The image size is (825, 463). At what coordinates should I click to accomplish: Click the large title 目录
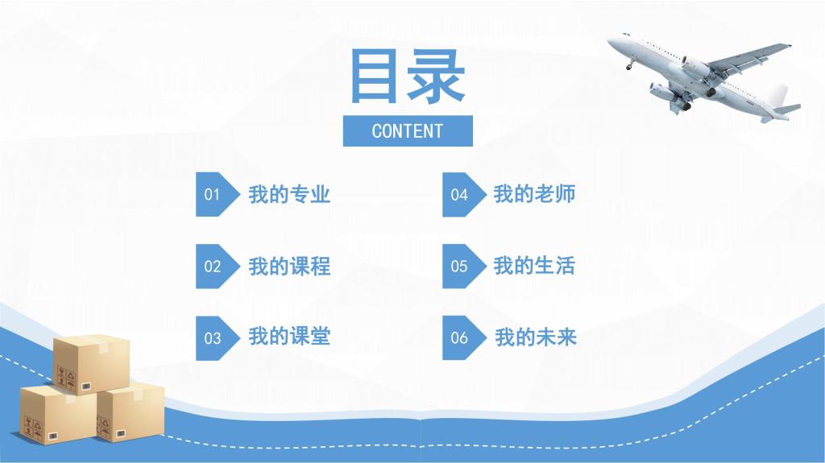point(408,76)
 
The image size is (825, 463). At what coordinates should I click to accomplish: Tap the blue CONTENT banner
point(408,131)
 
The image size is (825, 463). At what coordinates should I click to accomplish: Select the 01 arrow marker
point(218,194)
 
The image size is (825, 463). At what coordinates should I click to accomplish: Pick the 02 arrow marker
point(218,266)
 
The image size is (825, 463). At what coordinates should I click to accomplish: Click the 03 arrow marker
point(218,337)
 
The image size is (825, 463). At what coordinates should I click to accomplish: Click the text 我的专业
point(289,194)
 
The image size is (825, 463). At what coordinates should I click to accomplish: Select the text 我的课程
point(289,267)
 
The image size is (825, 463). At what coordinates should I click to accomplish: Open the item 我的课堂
point(289,337)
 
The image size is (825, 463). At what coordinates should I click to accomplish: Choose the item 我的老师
point(535,193)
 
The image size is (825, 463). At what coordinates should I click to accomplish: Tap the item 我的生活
point(535,266)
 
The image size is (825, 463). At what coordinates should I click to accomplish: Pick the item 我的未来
point(536,337)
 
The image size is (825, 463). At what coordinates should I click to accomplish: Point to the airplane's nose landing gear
point(630,64)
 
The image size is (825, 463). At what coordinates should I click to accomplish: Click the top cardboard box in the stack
point(92,365)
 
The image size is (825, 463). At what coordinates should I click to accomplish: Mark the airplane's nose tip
point(609,40)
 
